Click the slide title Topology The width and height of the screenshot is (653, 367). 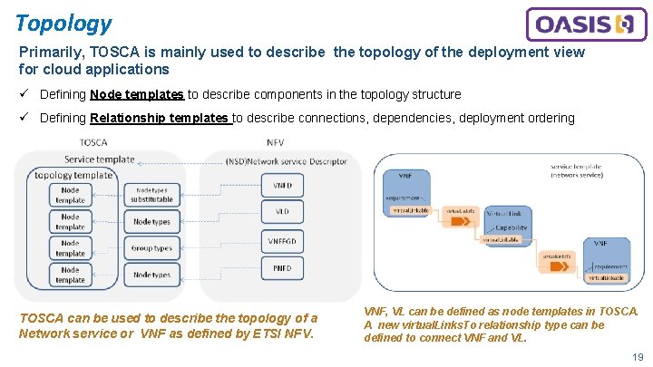click(63, 23)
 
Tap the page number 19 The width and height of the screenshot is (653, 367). click(638, 357)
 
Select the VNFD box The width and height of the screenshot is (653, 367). click(282, 185)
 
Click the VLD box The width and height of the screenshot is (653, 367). click(282, 211)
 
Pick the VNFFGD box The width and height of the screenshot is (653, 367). click(282, 242)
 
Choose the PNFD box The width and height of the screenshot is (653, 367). click(282, 268)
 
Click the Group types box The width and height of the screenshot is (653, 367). click(151, 247)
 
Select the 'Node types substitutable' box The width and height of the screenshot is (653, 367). click(151, 194)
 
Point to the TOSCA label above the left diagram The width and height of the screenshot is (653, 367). click(93, 142)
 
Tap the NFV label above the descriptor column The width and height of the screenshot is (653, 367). click(276, 142)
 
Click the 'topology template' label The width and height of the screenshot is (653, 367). click(73, 175)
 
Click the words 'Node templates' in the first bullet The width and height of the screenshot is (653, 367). click(137, 94)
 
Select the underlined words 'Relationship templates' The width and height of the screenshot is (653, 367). click(160, 118)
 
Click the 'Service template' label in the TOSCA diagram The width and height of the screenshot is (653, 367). click(100, 159)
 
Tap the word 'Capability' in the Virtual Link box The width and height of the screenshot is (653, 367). click(512, 228)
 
